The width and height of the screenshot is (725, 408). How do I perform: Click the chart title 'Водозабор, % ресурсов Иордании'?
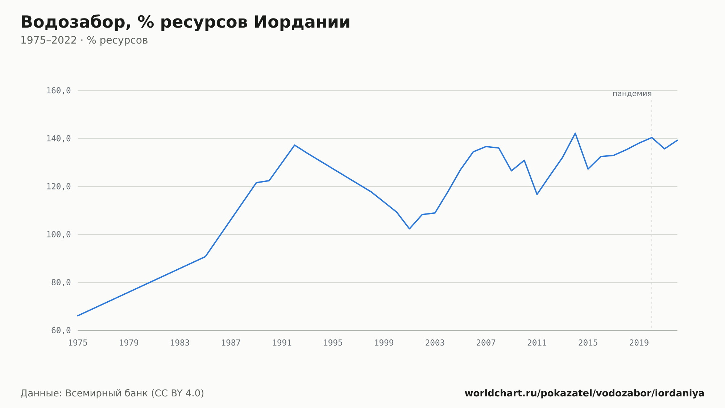pos(185,23)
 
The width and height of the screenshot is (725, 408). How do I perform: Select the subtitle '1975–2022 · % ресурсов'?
pos(84,40)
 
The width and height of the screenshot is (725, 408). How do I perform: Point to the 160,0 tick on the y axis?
pos(58,91)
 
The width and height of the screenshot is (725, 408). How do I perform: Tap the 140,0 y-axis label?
pos(58,139)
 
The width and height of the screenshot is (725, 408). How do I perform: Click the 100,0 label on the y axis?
pos(58,234)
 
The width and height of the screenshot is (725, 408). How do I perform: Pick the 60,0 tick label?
pos(61,330)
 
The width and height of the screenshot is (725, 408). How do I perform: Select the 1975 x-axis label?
pos(78,343)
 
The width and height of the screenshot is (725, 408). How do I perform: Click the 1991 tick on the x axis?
pos(282,343)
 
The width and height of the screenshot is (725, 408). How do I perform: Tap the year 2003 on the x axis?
pos(435,343)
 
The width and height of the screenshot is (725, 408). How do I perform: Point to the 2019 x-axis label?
pos(639,343)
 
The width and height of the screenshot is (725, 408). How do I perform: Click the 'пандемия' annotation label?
pos(632,94)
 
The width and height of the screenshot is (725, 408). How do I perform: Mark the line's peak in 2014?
pos(575,133)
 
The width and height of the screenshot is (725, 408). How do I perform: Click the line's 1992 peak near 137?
pos(295,145)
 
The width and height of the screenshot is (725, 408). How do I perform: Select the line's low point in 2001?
pos(409,229)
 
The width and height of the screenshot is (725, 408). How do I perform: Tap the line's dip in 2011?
pos(537,194)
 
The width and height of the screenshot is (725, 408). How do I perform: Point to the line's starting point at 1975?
pos(78,316)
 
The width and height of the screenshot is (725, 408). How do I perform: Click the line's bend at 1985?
pos(206,257)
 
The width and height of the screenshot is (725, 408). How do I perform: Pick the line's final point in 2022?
pos(677,140)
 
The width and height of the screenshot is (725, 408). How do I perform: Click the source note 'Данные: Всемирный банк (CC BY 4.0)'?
pos(112,393)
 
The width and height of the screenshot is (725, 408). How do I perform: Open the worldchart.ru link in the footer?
pos(584,393)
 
